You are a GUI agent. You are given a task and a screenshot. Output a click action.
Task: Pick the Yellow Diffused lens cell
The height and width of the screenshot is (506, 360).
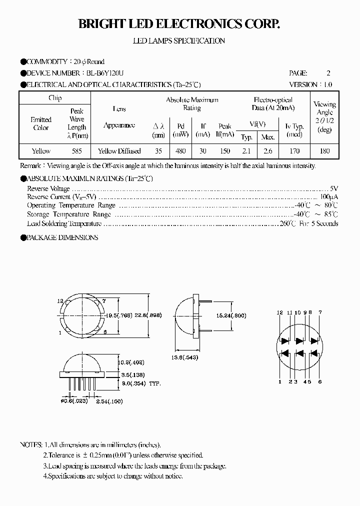(x=119, y=151)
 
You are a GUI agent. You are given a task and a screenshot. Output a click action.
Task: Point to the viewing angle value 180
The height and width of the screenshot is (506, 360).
(x=324, y=151)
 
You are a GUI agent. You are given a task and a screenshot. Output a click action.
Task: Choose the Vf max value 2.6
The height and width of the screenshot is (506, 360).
(x=268, y=151)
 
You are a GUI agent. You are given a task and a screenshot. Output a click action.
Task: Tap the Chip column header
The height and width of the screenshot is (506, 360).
(x=55, y=98)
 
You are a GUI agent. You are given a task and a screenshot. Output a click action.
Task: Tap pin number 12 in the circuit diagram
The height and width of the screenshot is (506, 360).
(x=280, y=312)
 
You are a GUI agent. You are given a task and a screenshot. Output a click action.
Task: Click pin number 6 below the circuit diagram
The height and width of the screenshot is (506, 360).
(x=319, y=382)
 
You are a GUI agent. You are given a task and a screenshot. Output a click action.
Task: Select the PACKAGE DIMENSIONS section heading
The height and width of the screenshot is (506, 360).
(x=61, y=237)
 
